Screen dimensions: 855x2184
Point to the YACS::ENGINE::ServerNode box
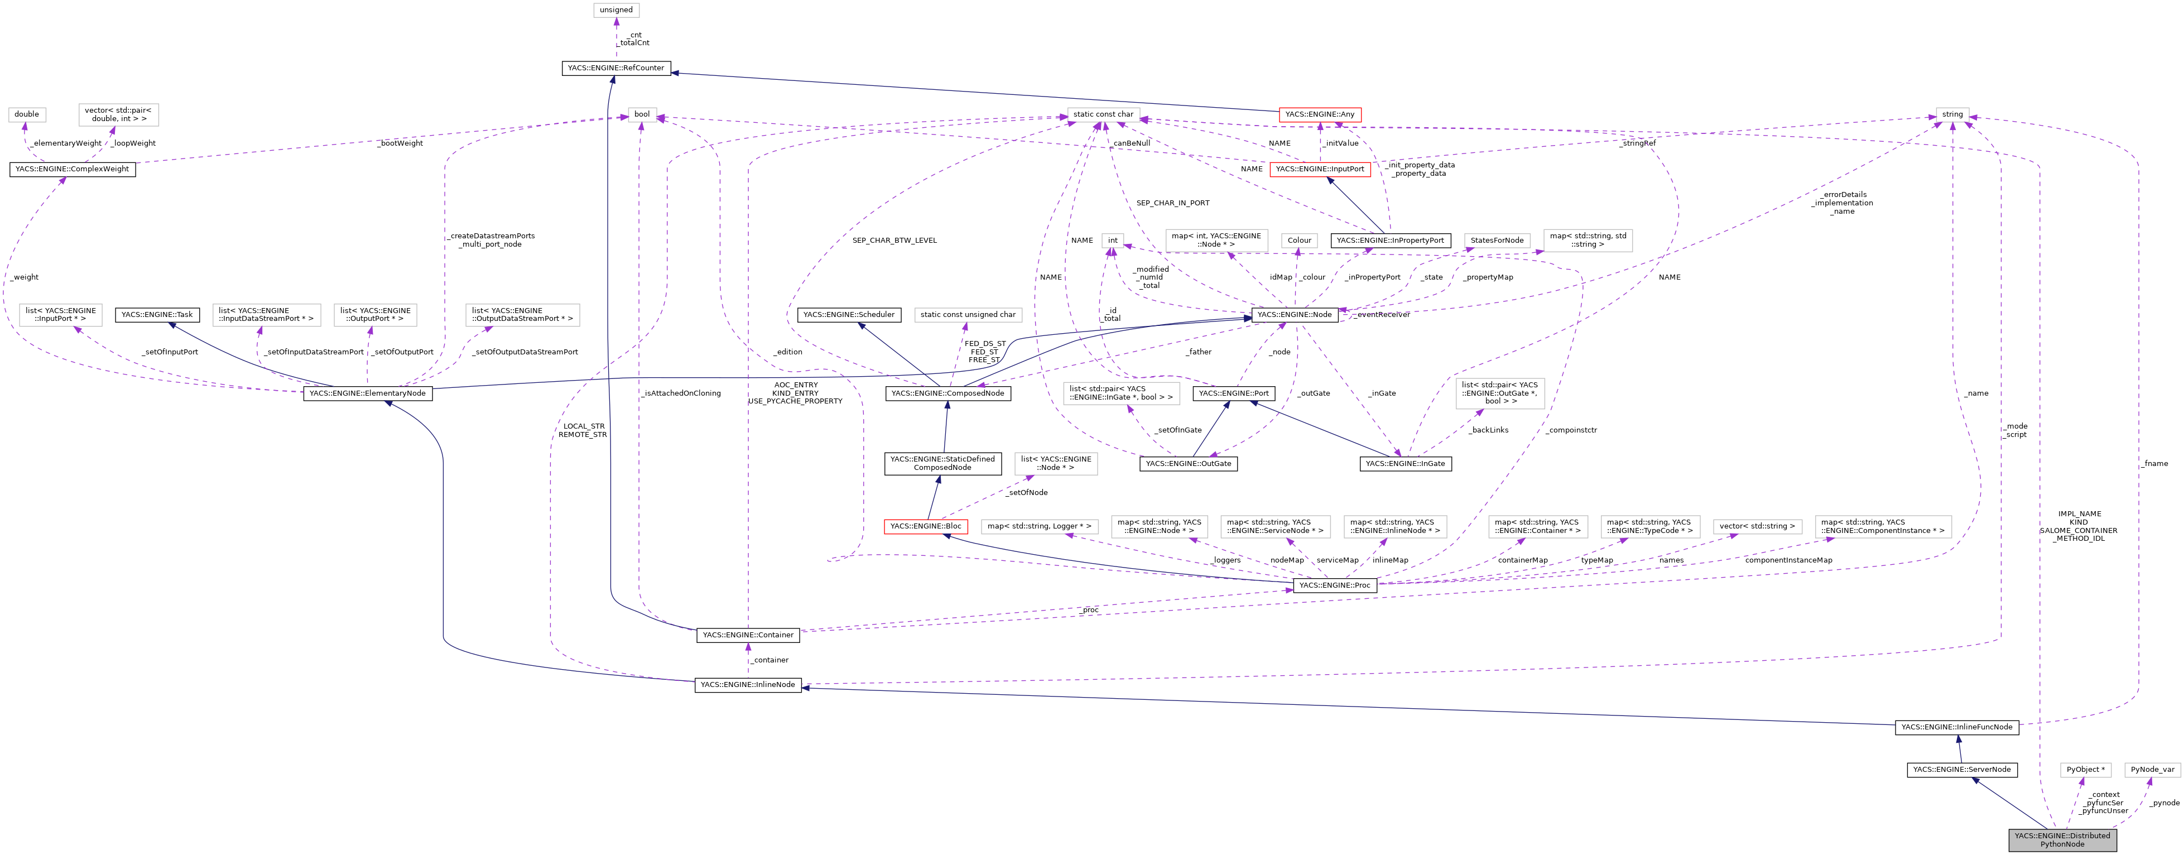(1961, 769)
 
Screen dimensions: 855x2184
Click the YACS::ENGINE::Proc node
(1335, 585)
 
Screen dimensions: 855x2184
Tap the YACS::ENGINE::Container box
(748, 635)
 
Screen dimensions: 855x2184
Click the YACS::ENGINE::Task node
(157, 315)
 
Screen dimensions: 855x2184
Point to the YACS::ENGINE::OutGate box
(1188, 463)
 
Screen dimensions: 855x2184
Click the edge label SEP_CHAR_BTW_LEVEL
(894, 240)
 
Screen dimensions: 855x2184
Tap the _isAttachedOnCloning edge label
(681, 393)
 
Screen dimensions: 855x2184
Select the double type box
(26, 114)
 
